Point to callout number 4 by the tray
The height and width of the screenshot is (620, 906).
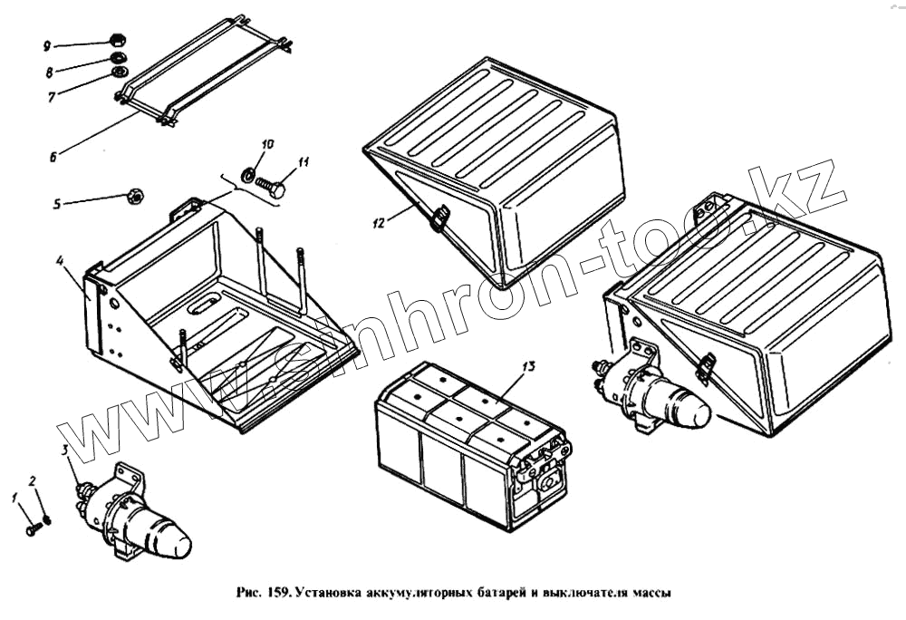[x=59, y=262]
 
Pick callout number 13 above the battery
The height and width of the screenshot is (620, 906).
[x=529, y=366]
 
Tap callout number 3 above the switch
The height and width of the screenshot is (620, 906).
[x=65, y=450]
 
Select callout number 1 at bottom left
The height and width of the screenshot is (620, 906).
[x=14, y=497]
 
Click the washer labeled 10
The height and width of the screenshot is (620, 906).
[x=247, y=172]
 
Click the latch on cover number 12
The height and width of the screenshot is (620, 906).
[x=439, y=218]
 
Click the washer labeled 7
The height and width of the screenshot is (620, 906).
[x=118, y=73]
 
